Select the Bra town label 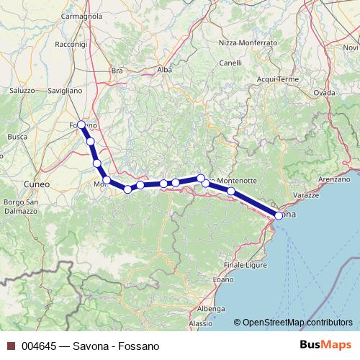click(117, 71)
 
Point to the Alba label click(164, 70)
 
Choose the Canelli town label click(230, 63)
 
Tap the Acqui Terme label click(277, 78)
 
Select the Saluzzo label click(22, 91)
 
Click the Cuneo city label click(36, 184)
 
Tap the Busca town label click(17, 135)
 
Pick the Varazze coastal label click(306, 195)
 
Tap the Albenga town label click(210, 308)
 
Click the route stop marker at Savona click(279, 215)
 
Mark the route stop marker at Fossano click(81, 125)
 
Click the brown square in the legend click(10, 346)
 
